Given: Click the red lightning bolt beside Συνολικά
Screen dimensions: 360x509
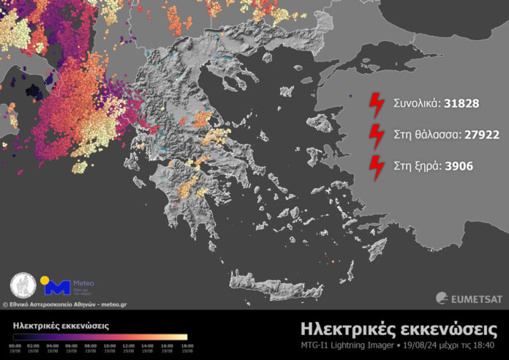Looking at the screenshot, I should click(x=377, y=105).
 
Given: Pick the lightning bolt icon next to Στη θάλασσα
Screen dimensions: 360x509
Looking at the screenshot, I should click(x=377, y=136).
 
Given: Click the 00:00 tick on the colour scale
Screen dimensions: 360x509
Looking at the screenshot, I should click(x=15, y=345).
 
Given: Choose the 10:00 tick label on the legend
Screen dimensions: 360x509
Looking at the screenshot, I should click(x=109, y=345).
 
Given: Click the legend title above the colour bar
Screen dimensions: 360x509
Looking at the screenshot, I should click(x=61, y=324).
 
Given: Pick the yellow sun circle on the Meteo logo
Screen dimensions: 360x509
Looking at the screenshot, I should click(x=45, y=280).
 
